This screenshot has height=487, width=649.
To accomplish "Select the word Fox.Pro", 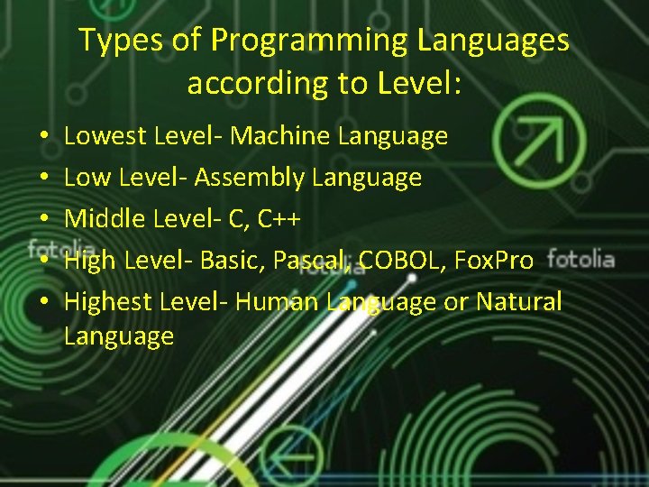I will tap(494, 261).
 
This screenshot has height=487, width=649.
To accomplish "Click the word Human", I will tap(277, 301).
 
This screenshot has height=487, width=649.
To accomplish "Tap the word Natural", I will tap(518, 301).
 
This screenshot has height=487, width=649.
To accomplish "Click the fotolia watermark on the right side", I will tap(580, 260).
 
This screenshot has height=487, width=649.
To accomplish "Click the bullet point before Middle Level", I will tap(43, 219).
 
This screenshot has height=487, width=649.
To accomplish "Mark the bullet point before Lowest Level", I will tap(43, 137).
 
